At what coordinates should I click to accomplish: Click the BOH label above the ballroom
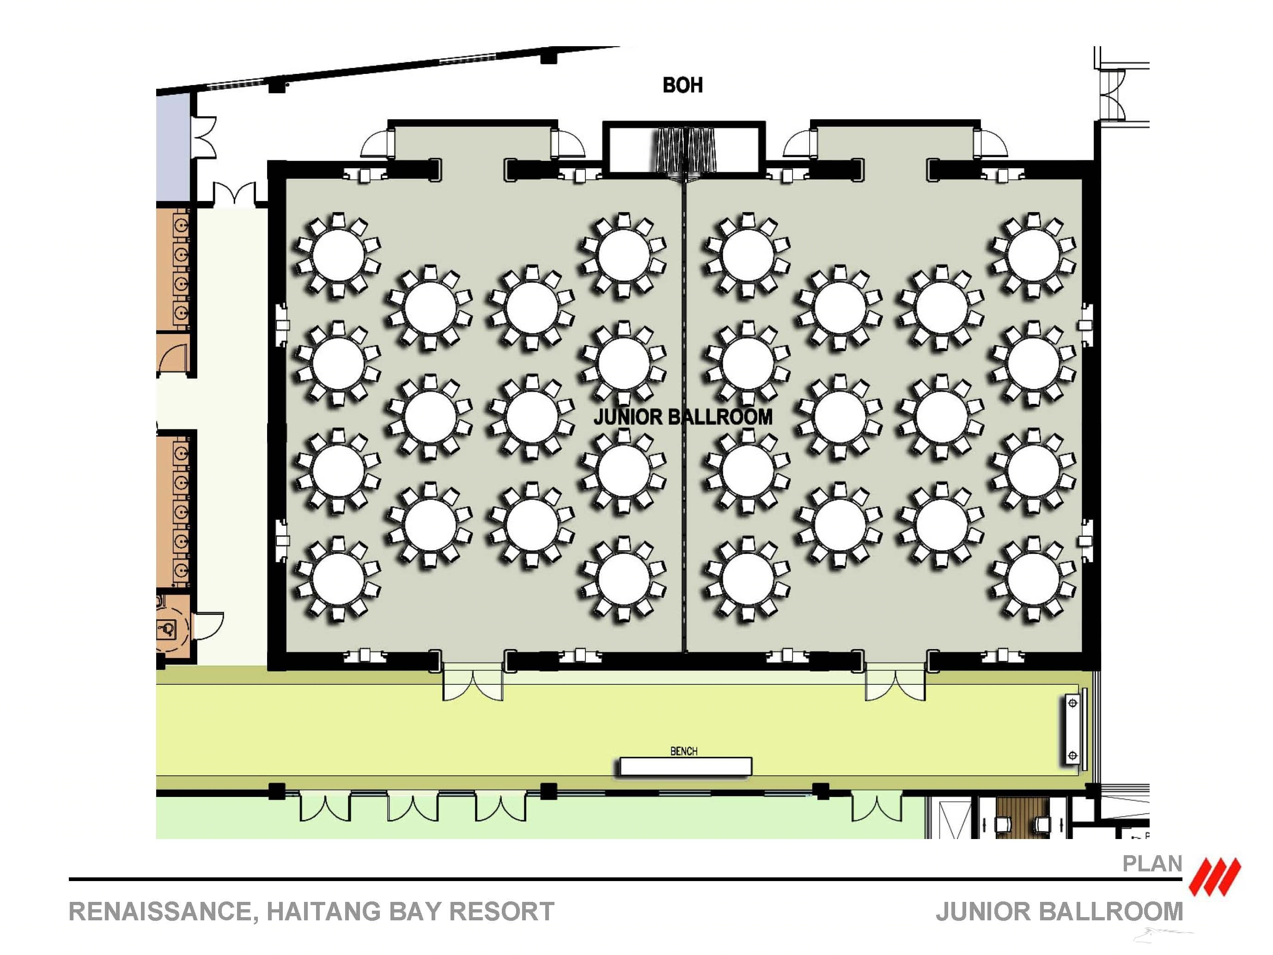(x=682, y=85)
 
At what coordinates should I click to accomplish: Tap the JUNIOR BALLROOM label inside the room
(x=682, y=417)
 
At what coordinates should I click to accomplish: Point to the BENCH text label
(x=684, y=751)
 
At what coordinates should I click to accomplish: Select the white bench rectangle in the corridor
(x=685, y=766)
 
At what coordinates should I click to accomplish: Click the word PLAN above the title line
(x=1152, y=864)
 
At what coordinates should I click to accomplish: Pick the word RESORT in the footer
(x=501, y=912)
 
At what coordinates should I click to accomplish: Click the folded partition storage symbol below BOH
(x=684, y=150)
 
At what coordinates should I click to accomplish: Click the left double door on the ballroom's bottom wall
(x=473, y=683)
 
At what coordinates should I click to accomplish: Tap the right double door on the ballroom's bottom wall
(x=895, y=683)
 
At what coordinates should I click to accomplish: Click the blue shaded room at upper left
(x=173, y=147)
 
